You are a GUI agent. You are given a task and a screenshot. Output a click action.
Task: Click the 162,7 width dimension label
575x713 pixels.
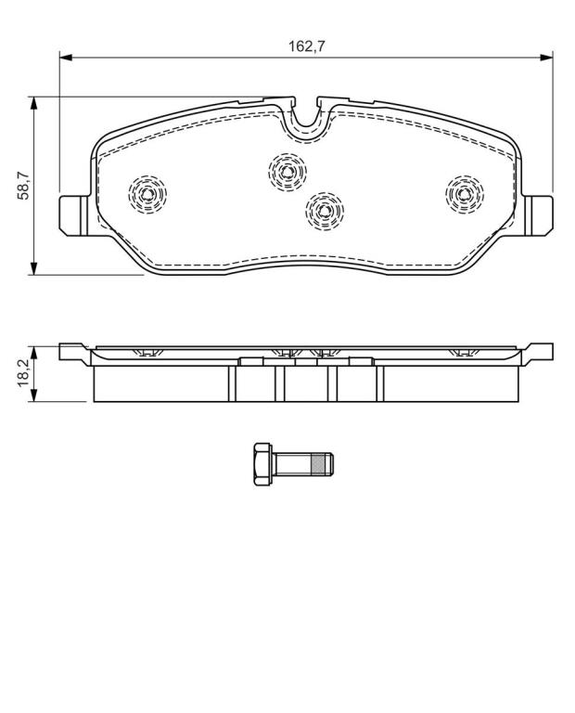(x=307, y=45)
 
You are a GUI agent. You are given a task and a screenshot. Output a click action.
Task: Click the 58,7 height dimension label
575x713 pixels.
(x=22, y=186)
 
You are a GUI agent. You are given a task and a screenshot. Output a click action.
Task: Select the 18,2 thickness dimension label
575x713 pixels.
(x=22, y=373)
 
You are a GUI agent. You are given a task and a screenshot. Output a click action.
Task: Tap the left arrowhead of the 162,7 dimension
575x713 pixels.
(x=66, y=58)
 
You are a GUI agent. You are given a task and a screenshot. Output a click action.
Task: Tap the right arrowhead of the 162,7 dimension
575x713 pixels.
(x=546, y=58)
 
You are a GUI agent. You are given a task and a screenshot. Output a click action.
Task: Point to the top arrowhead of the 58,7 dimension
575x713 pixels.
(x=33, y=103)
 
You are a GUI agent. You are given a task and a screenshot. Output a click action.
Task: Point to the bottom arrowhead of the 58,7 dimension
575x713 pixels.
(x=33, y=268)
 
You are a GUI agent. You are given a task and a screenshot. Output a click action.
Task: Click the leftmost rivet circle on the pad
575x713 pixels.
(x=147, y=194)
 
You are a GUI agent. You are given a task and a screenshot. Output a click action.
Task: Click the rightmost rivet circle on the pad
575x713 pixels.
(x=465, y=194)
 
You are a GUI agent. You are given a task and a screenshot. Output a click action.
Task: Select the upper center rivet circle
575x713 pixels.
(x=287, y=172)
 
